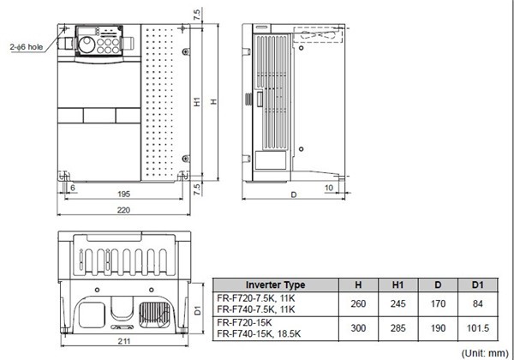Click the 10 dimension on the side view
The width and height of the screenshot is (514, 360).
329,187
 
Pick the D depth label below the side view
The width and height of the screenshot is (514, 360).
294,195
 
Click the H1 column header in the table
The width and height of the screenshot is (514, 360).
397,285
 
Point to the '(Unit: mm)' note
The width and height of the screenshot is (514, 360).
481,352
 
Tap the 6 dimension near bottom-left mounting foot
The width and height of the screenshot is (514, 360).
72,187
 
